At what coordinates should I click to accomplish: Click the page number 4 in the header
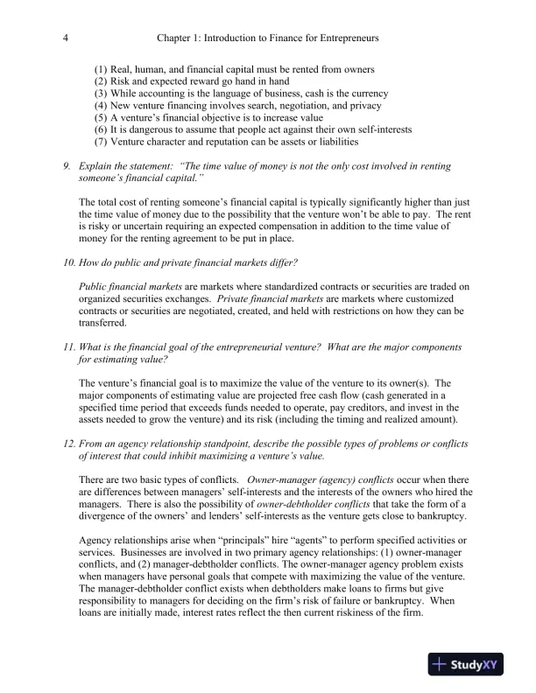[67, 38]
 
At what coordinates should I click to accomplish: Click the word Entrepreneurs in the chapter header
[353, 38]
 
